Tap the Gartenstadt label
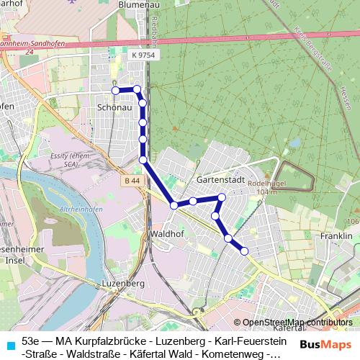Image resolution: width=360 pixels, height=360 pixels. (x=221, y=179)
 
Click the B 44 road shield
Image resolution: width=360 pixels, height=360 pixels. (x=132, y=181)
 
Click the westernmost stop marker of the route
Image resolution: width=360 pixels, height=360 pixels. (x=115, y=90)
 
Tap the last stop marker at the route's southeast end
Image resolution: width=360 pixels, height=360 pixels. (x=244, y=251)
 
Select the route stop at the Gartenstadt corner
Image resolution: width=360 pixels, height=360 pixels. (x=222, y=197)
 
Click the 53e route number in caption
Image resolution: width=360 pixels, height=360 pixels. (x=31, y=340)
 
